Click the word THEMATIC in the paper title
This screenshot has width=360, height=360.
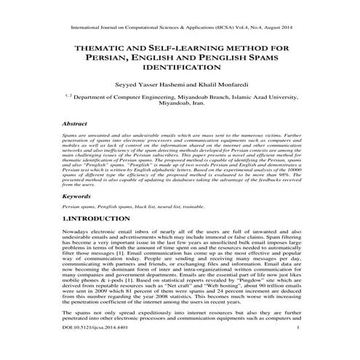pos(93,48)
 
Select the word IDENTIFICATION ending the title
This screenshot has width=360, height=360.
pos(180,67)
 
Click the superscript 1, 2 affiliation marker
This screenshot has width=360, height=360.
pos(68,95)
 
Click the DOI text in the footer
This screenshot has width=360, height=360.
pos(91,348)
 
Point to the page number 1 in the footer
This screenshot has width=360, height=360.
pos(299,348)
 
